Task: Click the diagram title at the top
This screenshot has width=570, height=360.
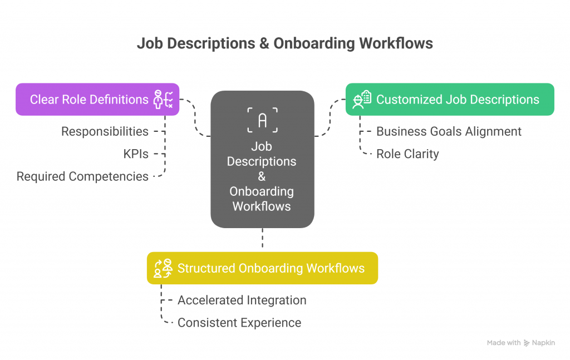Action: click(x=284, y=43)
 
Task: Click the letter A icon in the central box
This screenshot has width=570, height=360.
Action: click(x=262, y=120)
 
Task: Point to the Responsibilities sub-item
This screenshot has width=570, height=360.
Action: click(x=105, y=131)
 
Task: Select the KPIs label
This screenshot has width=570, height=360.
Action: click(x=136, y=154)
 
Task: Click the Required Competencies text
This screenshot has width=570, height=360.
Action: click(x=82, y=176)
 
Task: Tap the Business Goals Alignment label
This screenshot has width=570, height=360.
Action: click(x=449, y=131)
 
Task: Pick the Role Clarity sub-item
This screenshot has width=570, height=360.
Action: click(x=407, y=154)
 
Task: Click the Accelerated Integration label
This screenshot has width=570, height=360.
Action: click(x=242, y=300)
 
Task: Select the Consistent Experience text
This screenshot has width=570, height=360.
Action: click(x=239, y=323)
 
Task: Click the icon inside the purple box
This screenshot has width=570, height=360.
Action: click(x=163, y=100)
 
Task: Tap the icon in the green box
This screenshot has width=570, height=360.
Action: click(x=362, y=99)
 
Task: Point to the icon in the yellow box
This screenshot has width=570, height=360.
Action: click(x=163, y=268)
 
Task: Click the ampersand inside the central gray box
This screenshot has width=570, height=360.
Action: click(x=262, y=176)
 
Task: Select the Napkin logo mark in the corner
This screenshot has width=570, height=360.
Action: click(x=527, y=343)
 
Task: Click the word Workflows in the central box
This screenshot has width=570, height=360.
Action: click(x=262, y=206)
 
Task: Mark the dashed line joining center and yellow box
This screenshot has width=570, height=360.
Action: click(x=262, y=239)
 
